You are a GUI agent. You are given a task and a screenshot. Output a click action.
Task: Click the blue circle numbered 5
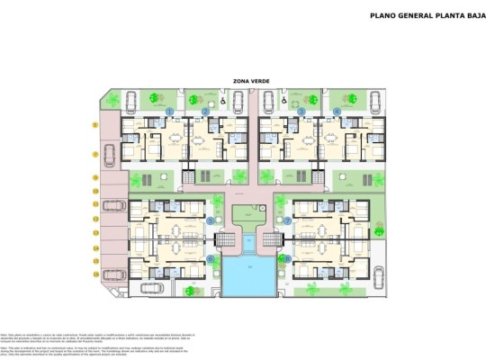click(211, 220)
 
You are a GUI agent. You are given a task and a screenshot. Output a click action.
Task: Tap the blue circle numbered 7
click(287, 220)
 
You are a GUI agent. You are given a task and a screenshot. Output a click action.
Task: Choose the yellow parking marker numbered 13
click(94, 260)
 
